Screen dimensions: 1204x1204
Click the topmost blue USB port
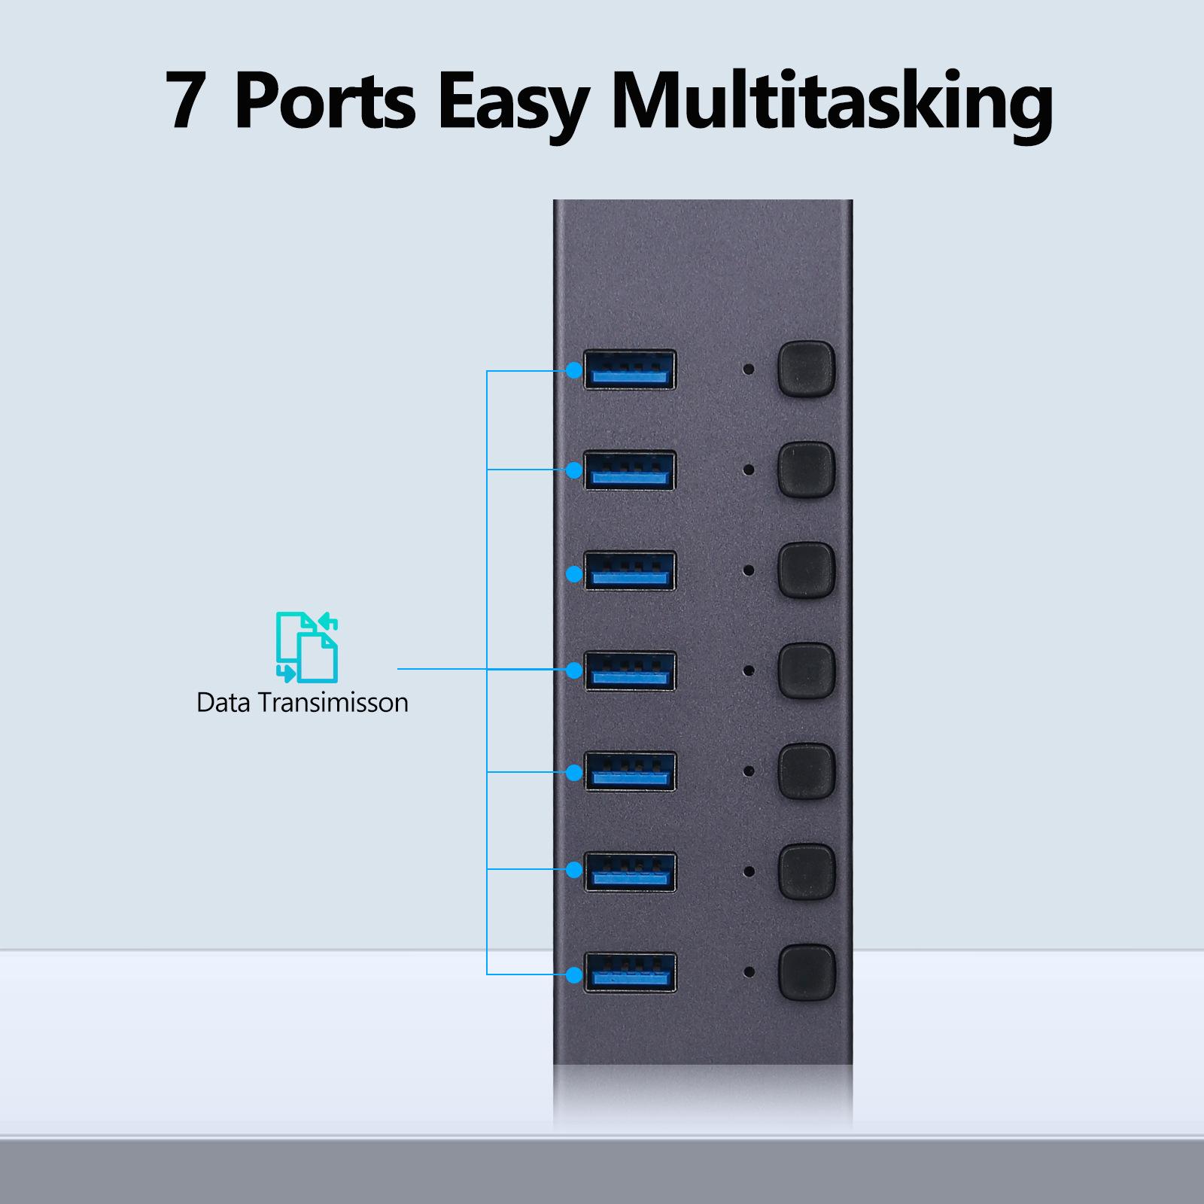pos(630,369)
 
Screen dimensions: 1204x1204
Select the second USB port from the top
pos(630,470)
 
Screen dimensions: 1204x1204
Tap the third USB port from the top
pos(630,570)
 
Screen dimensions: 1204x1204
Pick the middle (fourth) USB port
pos(630,670)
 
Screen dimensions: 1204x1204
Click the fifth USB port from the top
pos(630,771)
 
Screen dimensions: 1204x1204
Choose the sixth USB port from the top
pos(630,871)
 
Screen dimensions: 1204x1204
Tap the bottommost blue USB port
pos(630,972)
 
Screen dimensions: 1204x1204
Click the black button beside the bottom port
pos(807,972)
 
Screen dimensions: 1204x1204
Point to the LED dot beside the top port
pos(749,369)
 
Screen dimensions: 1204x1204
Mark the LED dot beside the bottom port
pos(749,972)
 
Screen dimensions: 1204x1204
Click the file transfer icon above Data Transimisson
pos(307,647)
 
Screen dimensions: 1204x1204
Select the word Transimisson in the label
pos(333,702)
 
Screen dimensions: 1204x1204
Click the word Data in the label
pos(223,702)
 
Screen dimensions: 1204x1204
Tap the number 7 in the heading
pos(185,101)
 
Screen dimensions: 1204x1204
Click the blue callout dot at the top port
pos(574,370)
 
